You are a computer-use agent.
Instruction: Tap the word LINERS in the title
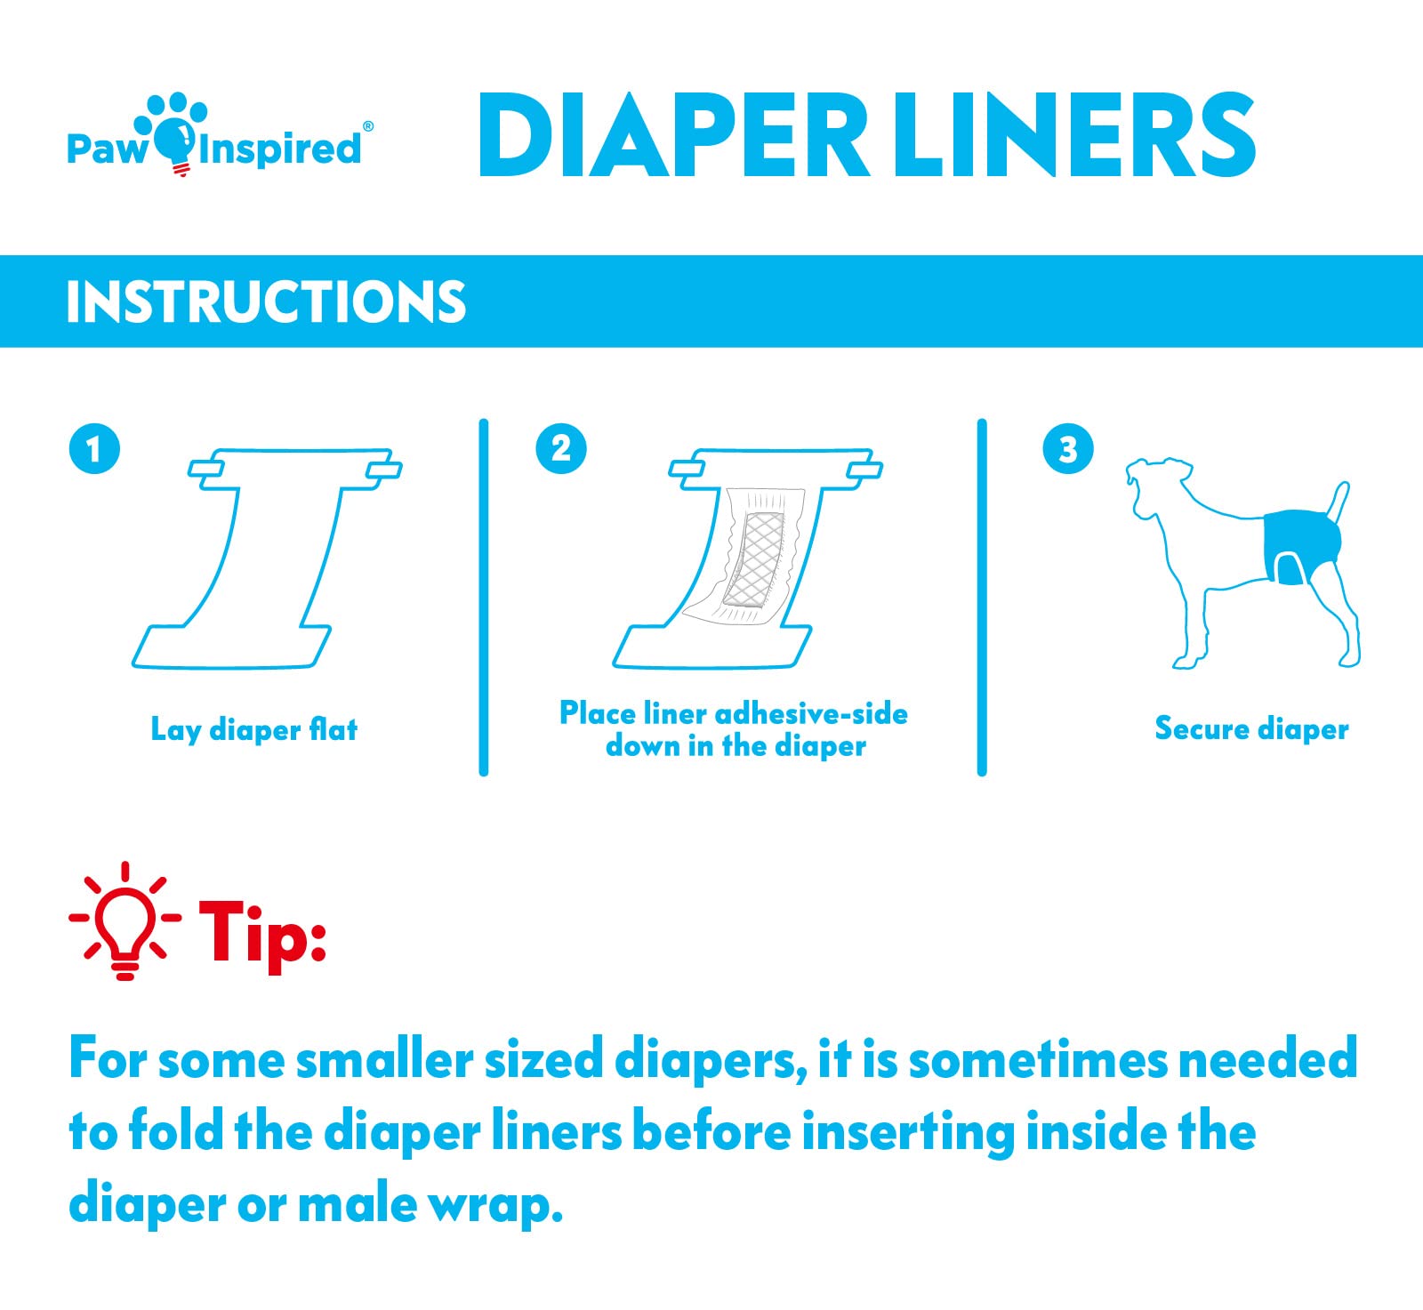[1073, 136]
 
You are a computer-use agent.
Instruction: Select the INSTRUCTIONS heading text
[266, 301]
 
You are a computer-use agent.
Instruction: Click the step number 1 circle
[94, 449]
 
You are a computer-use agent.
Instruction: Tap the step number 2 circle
[561, 449]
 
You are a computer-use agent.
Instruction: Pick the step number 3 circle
[1067, 449]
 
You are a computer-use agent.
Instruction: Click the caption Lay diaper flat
[254, 730]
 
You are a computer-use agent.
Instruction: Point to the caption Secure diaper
[1251, 729]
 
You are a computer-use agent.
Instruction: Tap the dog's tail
[1339, 502]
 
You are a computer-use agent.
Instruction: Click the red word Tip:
[261, 932]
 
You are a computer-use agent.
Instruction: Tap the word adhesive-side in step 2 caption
[811, 714]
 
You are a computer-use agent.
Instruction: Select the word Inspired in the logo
[281, 148]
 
